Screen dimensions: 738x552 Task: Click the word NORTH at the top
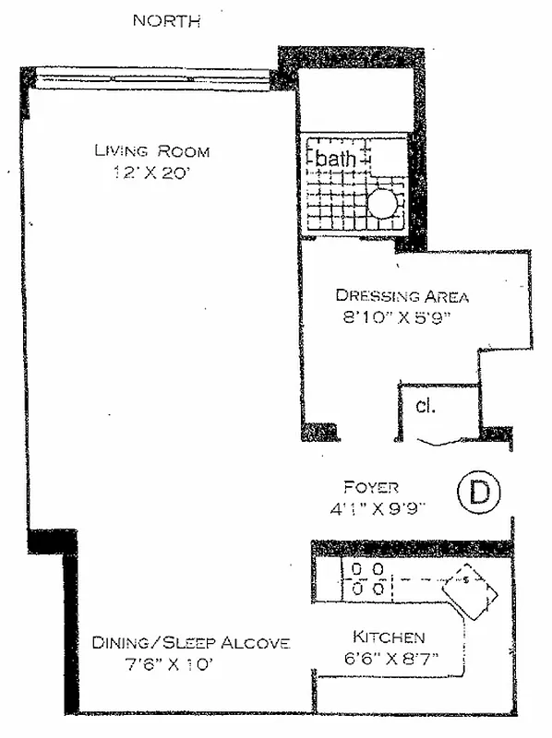pos(166,20)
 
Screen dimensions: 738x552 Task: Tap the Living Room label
pos(152,151)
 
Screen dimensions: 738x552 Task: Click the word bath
pos(336,159)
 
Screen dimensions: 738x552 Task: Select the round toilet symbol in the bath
pos(384,203)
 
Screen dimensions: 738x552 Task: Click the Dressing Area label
pos(402,296)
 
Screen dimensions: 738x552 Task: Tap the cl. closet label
pos(426,405)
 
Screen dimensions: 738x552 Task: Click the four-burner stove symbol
pos(366,578)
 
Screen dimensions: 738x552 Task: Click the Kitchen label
pos(389,637)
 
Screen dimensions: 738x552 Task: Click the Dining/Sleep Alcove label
pos(191,643)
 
